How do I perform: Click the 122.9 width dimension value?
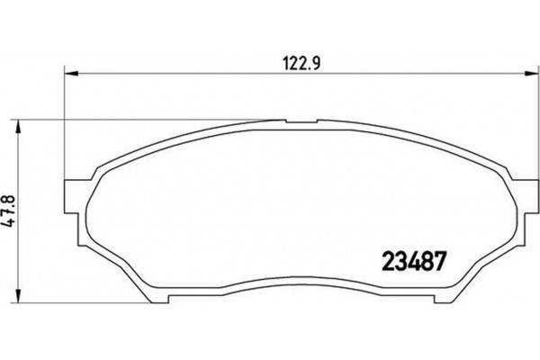(x=294, y=64)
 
